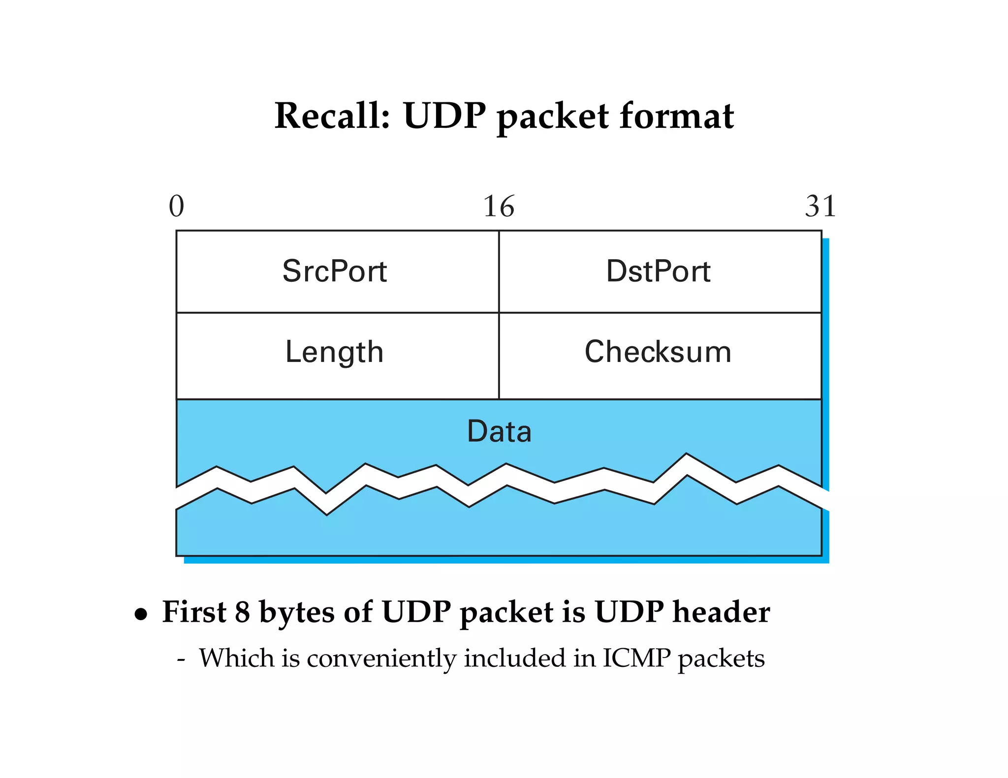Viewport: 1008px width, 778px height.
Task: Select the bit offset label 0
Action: click(x=176, y=206)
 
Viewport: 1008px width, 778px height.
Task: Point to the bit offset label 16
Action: click(x=498, y=206)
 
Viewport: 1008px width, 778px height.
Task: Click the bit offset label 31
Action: click(x=820, y=206)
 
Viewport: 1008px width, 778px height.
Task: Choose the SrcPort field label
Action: click(x=335, y=271)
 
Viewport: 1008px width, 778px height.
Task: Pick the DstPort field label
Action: click(x=658, y=271)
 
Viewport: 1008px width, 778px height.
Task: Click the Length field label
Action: click(x=334, y=352)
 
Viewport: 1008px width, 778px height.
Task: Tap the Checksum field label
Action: click(x=658, y=352)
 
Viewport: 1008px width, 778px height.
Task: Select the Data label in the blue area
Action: click(x=499, y=431)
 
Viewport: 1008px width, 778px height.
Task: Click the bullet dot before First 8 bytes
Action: click(x=141, y=614)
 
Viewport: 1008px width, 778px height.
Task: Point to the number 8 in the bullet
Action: click(x=242, y=612)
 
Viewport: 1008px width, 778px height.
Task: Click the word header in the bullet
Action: click(x=721, y=612)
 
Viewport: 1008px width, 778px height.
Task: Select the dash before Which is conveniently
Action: click(x=181, y=659)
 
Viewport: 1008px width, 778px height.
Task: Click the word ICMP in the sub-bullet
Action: click(x=636, y=658)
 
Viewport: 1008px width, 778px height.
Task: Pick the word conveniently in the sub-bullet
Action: click(x=381, y=659)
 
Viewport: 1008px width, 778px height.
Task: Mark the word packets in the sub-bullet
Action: click(x=721, y=659)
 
